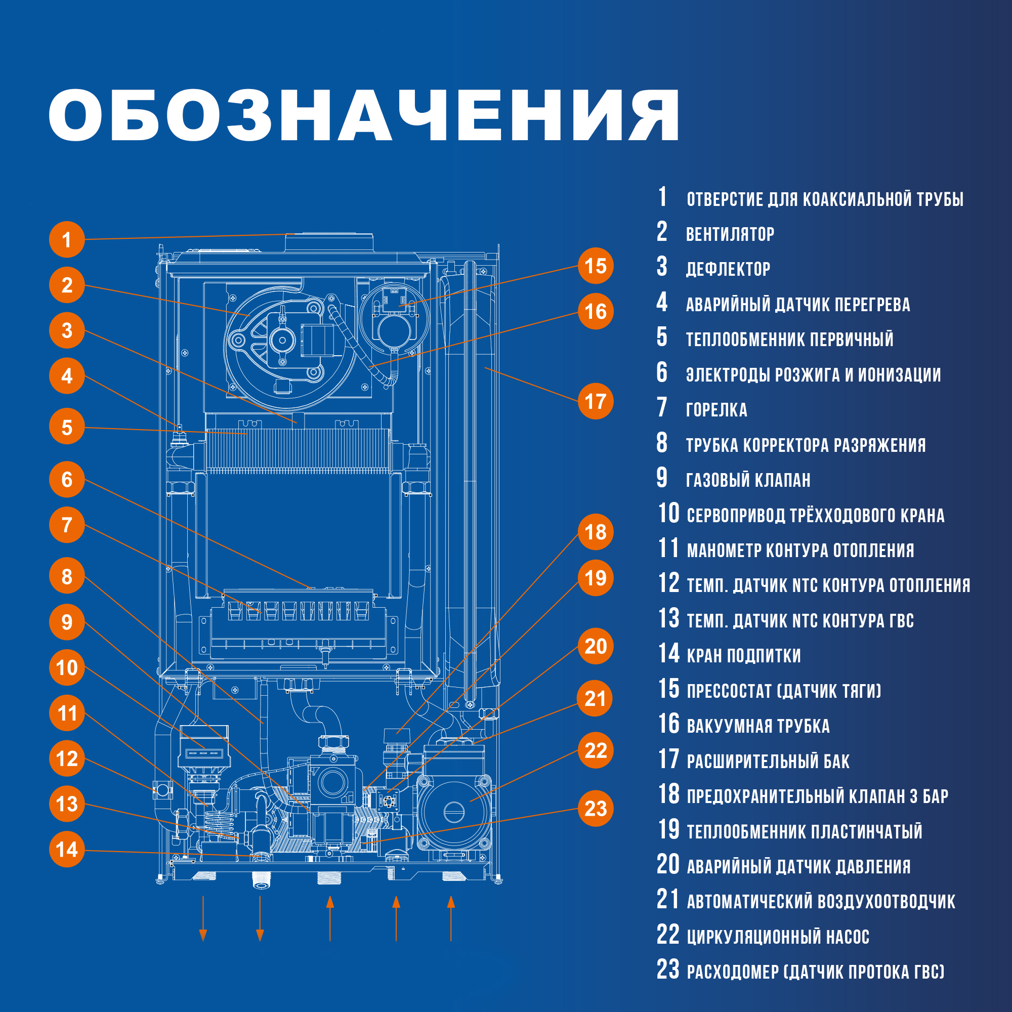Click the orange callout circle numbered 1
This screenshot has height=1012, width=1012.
[66, 240]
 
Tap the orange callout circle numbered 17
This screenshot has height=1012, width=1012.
[596, 402]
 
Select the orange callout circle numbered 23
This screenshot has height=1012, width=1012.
[596, 808]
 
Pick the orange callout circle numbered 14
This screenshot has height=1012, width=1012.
[66, 849]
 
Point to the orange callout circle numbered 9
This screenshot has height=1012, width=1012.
[66, 622]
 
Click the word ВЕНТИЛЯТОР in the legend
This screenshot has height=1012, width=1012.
[730, 234]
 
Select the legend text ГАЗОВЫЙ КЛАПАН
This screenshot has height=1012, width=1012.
[748, 480]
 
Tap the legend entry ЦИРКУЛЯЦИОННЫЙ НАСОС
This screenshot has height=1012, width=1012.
[778, 937]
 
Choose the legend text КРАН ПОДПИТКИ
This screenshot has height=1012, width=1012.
[743, 655]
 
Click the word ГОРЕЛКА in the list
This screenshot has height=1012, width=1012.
[716, 410]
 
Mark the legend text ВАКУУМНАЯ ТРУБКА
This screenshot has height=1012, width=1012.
[758, 726]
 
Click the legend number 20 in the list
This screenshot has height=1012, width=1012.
[668, 865]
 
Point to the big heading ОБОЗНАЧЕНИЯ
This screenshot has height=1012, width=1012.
[364, 115]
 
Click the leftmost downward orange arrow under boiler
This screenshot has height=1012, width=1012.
[203, 919]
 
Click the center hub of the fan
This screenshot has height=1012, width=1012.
[282, 340]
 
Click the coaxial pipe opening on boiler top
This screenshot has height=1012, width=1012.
[329, 243]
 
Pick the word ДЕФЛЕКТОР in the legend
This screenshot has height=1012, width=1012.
[728, 269]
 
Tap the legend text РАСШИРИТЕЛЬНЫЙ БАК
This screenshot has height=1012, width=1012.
[768, 761]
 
